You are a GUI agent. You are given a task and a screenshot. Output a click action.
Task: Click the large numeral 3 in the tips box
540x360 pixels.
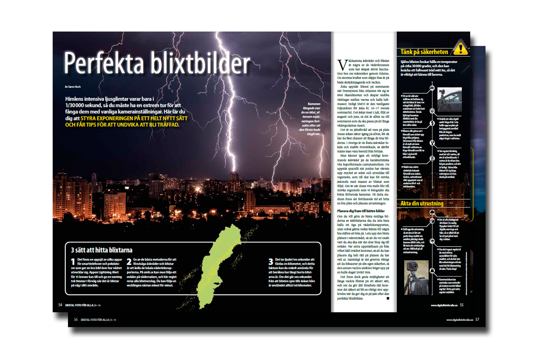click(271, 263)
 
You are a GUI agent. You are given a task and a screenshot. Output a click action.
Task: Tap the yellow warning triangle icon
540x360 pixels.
click(459, 47)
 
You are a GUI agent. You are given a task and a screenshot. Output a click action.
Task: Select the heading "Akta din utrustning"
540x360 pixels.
click(422, 203)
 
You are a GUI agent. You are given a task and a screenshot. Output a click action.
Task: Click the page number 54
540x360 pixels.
click(60, 305)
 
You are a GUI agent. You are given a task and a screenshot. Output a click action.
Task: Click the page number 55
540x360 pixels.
click(461, 305)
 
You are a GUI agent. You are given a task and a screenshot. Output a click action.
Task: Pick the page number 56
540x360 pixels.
click(76, 319)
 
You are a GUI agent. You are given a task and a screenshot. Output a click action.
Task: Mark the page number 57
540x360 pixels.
click(477, 319)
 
